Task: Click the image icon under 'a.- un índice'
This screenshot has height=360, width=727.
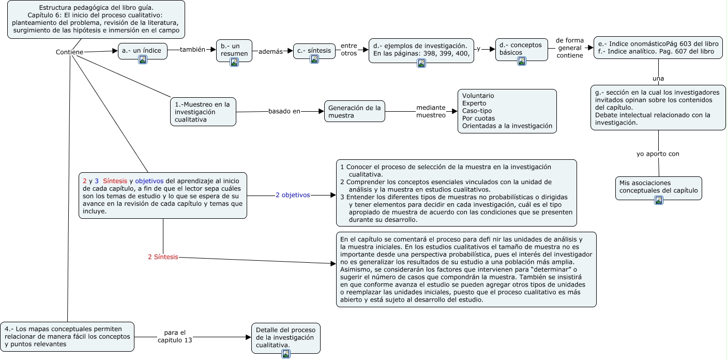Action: coord(143,59)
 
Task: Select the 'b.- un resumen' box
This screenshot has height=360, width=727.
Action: coord(234,50)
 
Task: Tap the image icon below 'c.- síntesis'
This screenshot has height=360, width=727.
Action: coord(314,59)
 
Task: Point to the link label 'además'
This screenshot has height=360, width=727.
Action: coord(271,52)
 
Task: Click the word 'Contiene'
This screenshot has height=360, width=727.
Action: coord(69,52)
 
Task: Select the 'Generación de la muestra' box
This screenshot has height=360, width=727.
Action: coord(355,111)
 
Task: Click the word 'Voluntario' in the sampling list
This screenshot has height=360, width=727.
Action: coord(478,96)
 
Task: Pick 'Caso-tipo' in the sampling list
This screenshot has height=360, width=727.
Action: coord(477,111)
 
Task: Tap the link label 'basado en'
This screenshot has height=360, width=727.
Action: coord(284,111)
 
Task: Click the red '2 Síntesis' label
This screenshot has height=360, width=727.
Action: coord(163,257)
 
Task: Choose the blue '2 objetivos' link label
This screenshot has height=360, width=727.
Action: coord(293,195)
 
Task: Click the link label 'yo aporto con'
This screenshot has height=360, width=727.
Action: coord(658,154)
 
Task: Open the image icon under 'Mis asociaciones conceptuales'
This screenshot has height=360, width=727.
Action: coord(659,201)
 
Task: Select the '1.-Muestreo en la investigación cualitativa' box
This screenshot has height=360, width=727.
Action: coord(203,112)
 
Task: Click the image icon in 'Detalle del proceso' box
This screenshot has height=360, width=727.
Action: coord(285,354)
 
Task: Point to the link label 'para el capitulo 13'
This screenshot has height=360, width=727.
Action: coord(175,336)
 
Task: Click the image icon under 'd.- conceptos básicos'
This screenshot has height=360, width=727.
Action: coord(522,61)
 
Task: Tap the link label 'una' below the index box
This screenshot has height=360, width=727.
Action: coord(658,79)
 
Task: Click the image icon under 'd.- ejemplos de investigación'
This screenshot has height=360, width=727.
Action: coord(421,63)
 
